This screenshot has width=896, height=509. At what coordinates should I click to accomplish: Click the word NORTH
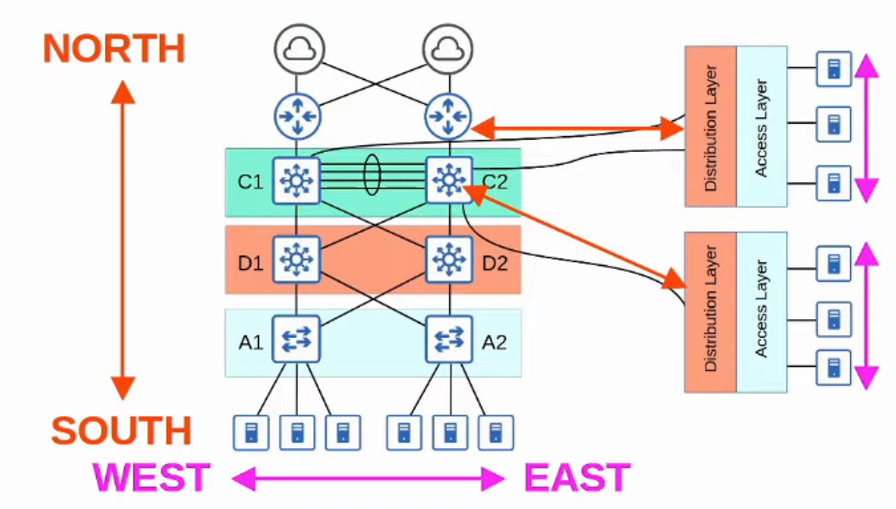click(x=113, y=49)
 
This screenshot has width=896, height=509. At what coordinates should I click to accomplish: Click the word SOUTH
click(x=121, y=431)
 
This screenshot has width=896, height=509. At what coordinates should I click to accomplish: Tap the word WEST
click(x=152, y=478)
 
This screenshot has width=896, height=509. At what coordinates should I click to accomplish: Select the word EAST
click(x=577, y=478)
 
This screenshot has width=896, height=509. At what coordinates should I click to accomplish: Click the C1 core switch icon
click(x=296, y=180)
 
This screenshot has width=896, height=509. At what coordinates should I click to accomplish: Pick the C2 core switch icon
click(x=449, y=180)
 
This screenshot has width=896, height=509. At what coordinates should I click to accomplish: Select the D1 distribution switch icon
click(x=296, y=259)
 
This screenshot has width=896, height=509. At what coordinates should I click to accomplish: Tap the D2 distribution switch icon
click(x=449, y=259)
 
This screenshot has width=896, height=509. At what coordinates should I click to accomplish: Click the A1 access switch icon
click(x=296, y=339)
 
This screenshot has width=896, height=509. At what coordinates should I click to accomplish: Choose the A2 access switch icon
click(x=449, y=339)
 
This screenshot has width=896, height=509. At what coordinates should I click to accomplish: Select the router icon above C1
click(x=297, y=116)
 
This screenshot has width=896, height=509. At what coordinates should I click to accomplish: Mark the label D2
click(x=494, y=263)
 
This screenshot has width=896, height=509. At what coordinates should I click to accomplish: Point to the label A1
click(x=251, y=343)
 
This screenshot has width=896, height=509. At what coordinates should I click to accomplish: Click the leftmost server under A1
click(x=251, y=433)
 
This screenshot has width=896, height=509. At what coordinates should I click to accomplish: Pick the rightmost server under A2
click(x=495, y=433)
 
